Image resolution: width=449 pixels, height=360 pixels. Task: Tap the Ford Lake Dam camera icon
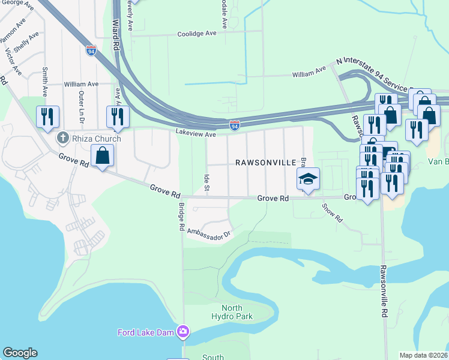[x=183, y=332]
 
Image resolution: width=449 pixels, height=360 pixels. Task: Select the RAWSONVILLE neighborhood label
[x=265, y=163]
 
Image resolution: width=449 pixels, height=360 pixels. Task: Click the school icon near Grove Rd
[x=308, y=179]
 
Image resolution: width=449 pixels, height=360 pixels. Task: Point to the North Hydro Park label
[x=232, y=312]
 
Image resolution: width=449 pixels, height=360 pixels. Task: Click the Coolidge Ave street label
[x=196, y=34]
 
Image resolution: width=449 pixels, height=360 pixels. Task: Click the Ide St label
[x=206, y=183]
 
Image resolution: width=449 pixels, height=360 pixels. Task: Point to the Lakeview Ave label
[x=196, y=134]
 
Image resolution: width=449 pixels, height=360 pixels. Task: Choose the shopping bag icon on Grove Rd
[x=103, y=156]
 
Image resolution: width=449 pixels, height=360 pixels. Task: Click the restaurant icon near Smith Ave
[x=46, y=116]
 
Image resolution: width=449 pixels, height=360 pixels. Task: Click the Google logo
[x=20, y=353]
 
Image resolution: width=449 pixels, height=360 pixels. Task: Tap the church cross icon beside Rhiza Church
[x=61, y=139]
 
